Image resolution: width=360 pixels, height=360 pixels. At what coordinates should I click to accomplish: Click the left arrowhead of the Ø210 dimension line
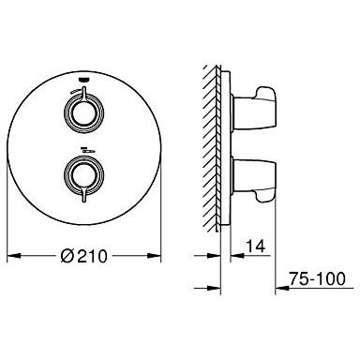pyautogui.click(x=11, y=254)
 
